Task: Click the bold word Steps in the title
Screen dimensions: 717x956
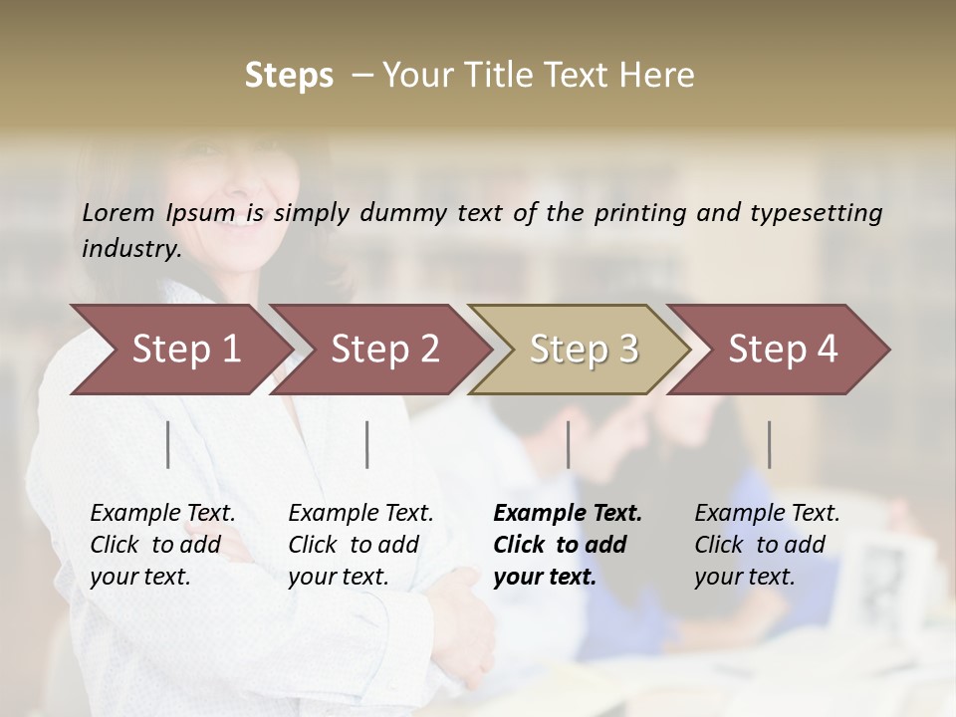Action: coord(289,76)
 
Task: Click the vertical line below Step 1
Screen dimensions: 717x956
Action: coord(168,444)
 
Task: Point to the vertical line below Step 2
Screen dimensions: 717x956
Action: coord(367,444)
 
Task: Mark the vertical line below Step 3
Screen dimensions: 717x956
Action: coord(569,444)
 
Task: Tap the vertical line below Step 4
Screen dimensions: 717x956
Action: coord(770,444)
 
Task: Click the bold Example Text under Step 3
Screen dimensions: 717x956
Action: coord(568,545)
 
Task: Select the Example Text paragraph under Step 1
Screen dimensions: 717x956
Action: coord(162,545)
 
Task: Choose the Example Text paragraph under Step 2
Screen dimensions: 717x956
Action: coord(360,545)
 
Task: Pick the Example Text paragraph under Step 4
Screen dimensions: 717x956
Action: coord(767,545)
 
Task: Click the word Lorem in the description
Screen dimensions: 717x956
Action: coord(119,212)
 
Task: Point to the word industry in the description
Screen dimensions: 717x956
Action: coord(131,249)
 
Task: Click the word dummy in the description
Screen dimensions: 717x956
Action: coord(403,213)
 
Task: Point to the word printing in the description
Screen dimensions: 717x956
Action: coord(641,213)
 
